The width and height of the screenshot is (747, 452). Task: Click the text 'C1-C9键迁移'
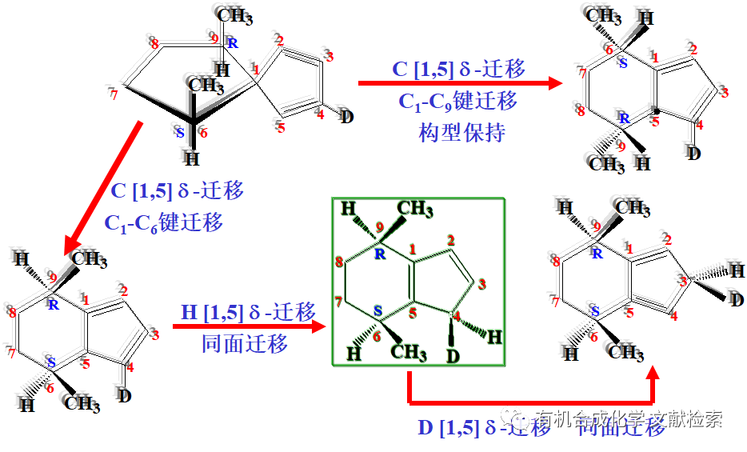[457, 102]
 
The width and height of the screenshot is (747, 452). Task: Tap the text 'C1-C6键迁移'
[163, 222]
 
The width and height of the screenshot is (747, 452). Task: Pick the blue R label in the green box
[380, 255]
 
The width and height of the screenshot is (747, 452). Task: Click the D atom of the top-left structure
[346, 118]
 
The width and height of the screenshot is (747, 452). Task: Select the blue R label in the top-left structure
[232, 43]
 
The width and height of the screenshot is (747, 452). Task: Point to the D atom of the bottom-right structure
[736, 300]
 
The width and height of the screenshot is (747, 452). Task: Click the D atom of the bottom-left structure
[124, 394]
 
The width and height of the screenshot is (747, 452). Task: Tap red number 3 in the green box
[482, 282]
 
